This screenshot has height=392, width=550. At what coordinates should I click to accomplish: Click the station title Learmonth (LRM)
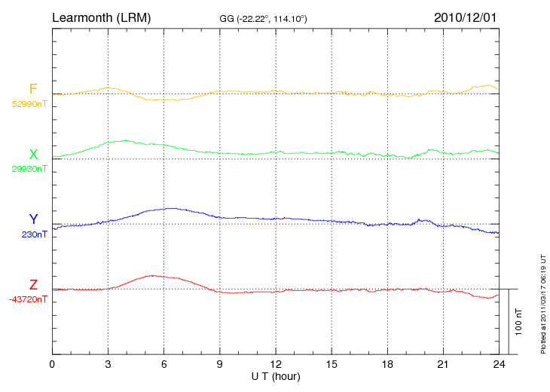click(101, 17)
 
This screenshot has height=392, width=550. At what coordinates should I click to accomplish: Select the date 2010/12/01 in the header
click(466, 17)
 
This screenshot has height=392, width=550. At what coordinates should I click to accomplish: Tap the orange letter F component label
click(33, 90)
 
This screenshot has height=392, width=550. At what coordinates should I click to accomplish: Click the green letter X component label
click(33, 155)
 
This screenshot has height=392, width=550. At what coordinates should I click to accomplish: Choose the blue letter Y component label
click(33, 219)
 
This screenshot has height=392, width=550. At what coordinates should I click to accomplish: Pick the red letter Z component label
click(33, 285)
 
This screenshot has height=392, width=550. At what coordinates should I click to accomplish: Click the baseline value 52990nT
click(29, 104)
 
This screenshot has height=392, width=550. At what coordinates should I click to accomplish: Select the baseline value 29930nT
click(29, 169)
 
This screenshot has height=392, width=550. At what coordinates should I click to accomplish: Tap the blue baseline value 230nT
click(35, 234)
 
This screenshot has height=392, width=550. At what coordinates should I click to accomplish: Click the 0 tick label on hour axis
click(52, 365)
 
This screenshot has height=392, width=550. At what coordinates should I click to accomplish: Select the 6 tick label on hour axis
click(164, 365)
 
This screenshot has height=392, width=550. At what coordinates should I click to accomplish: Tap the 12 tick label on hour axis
click(276, 365)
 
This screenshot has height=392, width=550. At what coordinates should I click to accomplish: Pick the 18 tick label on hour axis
click(387, 365)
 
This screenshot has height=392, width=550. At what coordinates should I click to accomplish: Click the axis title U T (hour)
click(276, 375)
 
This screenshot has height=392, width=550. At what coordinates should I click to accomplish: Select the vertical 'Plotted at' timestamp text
click(542, 302)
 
